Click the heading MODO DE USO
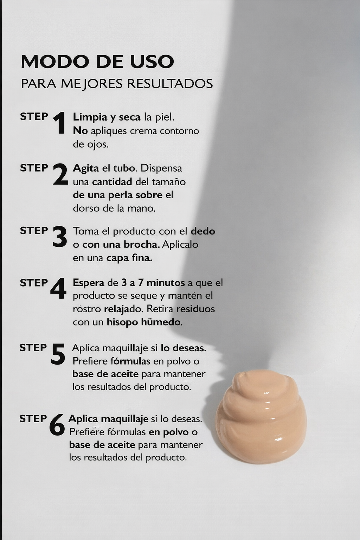(x=97, y=62)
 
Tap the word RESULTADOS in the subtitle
(x=170, y=84)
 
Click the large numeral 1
(x=59, y=123)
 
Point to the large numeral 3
(x=59, y=237)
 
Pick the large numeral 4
(x=58, y=289)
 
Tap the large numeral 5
(x=58, y=354)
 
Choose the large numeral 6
(x=57, y=425)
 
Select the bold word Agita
(x=86, y=168)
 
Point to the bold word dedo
(x=203, y=231)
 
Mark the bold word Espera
(x=89, y=283)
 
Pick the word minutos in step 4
(x=166, y=283)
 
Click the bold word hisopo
(x=122, y=322)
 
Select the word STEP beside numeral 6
(x=33, y=419)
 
